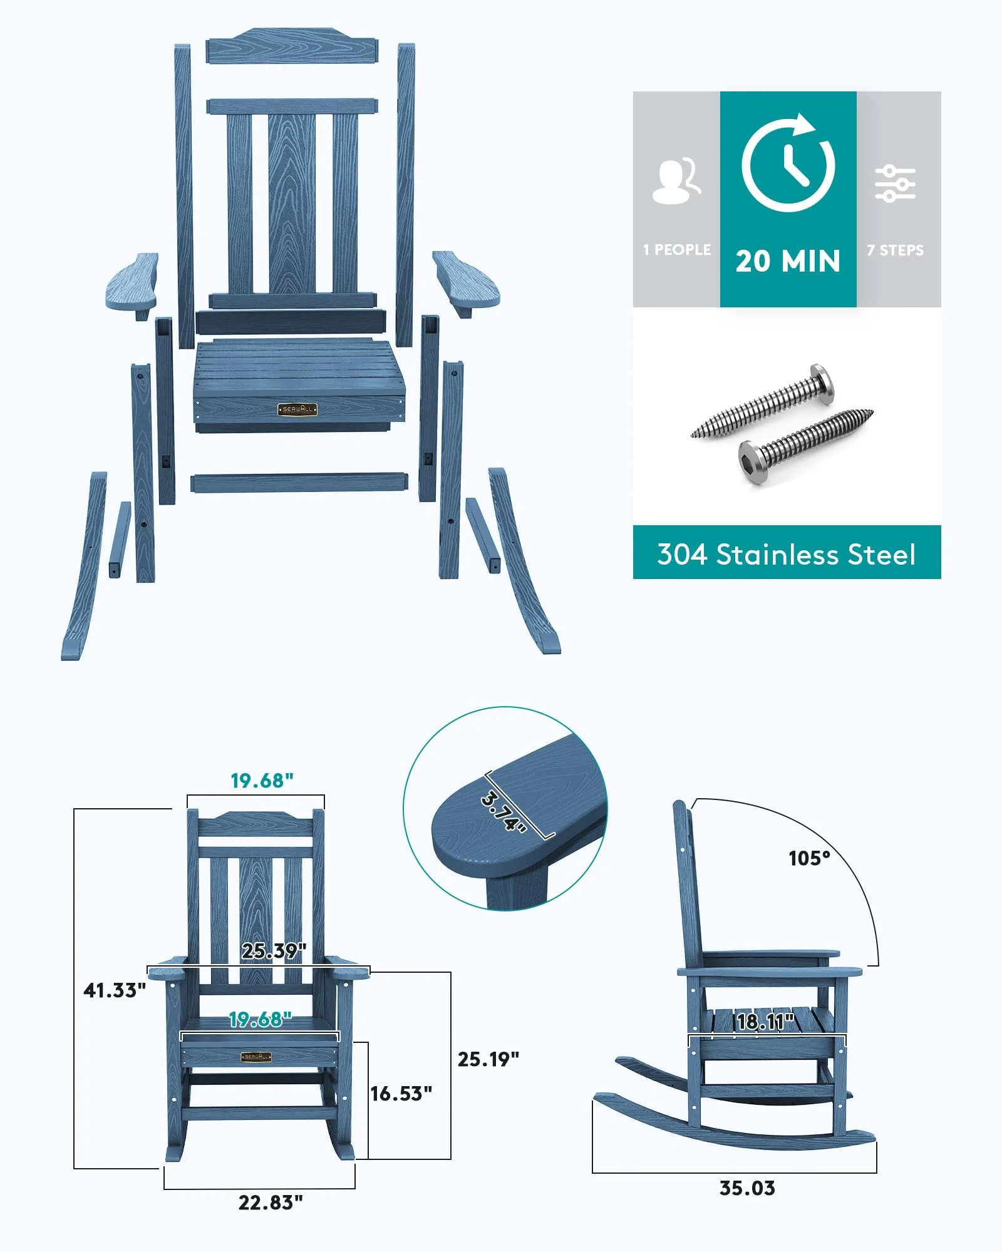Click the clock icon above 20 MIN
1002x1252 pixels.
point(788,164)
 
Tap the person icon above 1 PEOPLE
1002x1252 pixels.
point(676,181)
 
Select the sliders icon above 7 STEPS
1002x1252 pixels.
point(895,184)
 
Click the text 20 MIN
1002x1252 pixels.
point(788,261)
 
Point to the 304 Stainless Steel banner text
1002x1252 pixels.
point(786,554)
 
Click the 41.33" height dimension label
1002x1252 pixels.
point(115,990)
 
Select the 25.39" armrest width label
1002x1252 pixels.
point(274,951)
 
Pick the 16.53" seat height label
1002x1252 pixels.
point(401,1094)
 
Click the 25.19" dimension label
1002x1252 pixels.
point(488,1059)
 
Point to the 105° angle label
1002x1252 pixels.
point(809,858)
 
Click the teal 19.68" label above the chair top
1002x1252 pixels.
point(262,781)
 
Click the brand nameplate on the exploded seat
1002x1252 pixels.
point(297,409)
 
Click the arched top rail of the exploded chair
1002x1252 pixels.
point(292,46)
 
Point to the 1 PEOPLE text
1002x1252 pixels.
point(677,250)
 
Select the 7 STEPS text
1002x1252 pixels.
point(895,250)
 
